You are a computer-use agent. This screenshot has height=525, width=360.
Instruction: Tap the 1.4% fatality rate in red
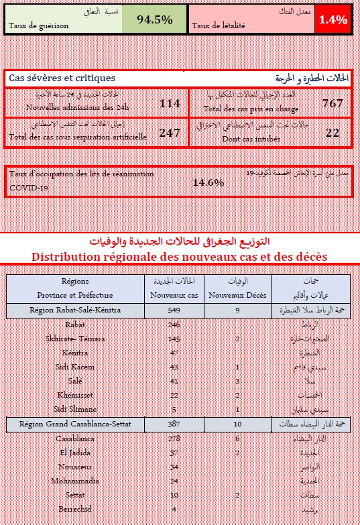tap(333, 19)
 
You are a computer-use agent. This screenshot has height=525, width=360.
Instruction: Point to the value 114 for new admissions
tap(170, 103)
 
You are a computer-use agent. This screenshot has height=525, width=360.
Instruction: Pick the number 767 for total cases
tap(333, 103)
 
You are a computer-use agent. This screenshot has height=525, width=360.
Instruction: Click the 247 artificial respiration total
tap(170, 133)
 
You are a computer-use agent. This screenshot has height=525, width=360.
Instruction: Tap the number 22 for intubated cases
tap(333, 133)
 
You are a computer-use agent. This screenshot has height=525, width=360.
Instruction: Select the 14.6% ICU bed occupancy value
tap(208, 182)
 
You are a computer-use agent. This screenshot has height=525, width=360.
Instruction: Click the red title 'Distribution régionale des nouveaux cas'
tap(180, 257)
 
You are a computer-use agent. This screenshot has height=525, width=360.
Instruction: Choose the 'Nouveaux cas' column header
tap(174, 295)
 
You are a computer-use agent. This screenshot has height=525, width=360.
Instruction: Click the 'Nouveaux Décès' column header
tap(237, 295)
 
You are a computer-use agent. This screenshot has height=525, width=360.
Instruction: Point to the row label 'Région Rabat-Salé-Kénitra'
tap(74, 310)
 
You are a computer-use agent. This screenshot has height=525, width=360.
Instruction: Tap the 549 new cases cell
tap(174, 310)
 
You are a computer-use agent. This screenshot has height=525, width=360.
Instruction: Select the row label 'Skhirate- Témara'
tap(74, 339)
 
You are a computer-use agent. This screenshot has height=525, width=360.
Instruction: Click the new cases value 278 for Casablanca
tap(174, 438)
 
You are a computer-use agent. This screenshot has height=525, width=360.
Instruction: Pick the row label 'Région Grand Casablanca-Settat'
tap(74, 424)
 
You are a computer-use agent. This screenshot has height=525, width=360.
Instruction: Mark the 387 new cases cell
tap(174, 424)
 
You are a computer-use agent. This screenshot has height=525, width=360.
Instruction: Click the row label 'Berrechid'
tap(74, 509)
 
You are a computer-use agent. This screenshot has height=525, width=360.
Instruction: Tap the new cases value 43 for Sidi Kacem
tap(174, 367)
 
